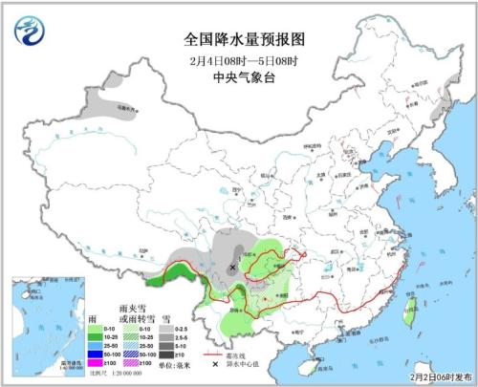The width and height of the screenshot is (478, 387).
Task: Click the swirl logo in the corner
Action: click(x=32, y=31)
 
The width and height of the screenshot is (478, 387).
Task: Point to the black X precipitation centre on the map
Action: click(x=232, y=269)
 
